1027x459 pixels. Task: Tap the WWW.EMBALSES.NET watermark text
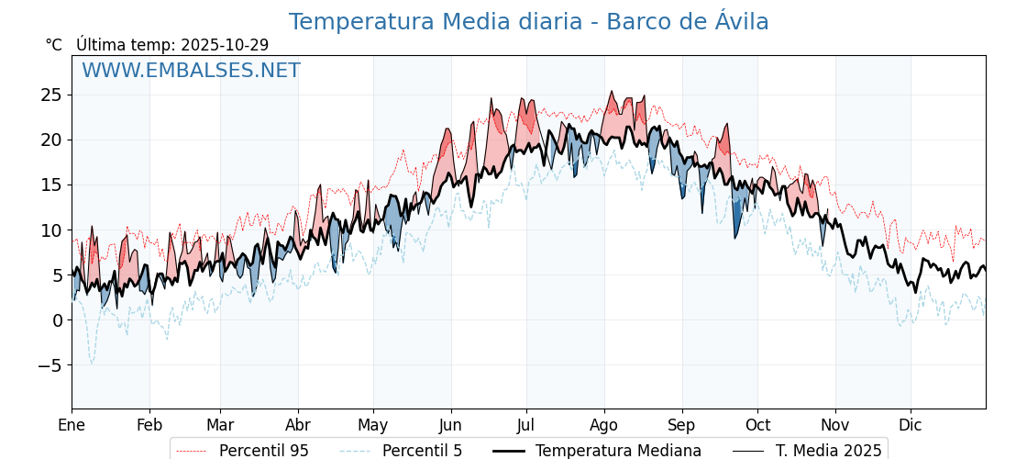[x=191, y=71]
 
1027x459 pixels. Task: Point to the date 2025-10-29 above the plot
[x=225, y=45]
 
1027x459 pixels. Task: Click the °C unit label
[x=53, y=45]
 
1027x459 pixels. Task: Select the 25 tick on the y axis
[x=50, y=95]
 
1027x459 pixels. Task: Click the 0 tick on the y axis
[x=57, y=320]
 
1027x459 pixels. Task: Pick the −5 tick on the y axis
[x=50, y=365]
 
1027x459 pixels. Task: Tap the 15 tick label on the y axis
[x=50, y=185]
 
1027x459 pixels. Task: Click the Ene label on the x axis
[x=72, y=425]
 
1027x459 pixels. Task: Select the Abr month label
[x=298, y=425]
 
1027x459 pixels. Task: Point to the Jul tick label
[x=526, y=425]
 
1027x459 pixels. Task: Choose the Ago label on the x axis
[x=603, y=425]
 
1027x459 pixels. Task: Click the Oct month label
[x=757, y=425]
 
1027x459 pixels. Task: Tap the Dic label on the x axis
[x=911, y=425]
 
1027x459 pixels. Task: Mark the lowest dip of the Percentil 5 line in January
[x=91, y=364]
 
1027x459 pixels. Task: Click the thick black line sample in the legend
[x=509, y=451]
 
